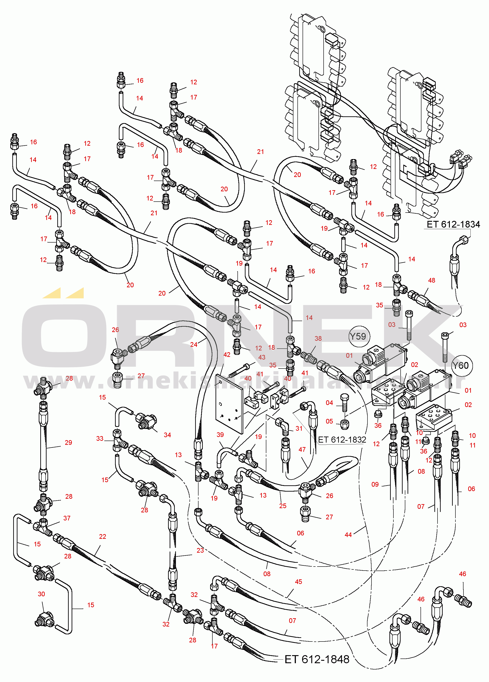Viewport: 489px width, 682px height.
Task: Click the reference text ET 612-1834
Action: [x=453, y=224]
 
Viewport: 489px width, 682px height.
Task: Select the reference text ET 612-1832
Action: [x=342, y=440]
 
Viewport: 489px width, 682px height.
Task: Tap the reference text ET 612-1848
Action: [x=317, y=659]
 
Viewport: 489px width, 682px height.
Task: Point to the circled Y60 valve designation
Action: [x=461, y=365]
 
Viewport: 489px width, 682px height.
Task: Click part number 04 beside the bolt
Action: [x=329, y=403]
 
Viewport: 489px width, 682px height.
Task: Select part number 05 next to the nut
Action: [x=329, y=421]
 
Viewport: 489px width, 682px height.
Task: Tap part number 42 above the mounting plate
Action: [x=227, y=354]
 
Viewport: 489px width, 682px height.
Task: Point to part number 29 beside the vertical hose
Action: [x=68, y=442]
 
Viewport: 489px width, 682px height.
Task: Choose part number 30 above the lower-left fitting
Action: [x=41, y=594]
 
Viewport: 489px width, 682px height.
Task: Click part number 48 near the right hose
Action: [x=431, y=280]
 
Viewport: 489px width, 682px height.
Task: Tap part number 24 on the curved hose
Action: [x=194, y=345]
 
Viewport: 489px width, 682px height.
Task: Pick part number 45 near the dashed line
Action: [x=298, y=582]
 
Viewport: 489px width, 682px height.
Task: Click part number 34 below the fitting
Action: [x=167, y=435]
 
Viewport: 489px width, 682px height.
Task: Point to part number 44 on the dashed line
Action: [x=348, y=535]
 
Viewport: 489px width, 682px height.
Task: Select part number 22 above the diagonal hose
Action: [x=102, y=537]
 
